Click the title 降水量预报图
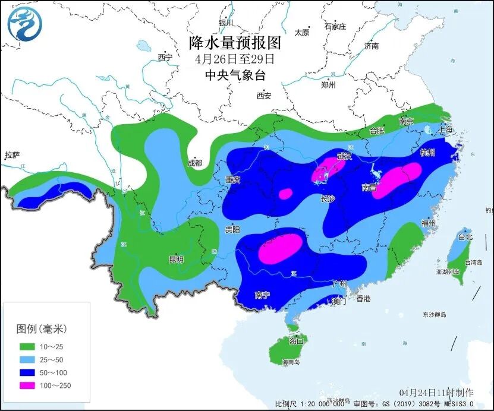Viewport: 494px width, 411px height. [x=235, y=43]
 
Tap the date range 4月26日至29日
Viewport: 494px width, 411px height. [x=235, y=59]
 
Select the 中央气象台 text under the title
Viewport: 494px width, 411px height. [x=235, y=75]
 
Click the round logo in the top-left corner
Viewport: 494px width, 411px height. [x=25, y=25]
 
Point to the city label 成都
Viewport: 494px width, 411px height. [x=194, y=163]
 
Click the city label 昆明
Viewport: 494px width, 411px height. [x=177, y=260]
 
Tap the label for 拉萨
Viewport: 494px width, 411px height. [x=12, y=156]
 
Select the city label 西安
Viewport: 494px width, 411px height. [x=264, y=96]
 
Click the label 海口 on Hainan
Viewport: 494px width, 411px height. [x=296, y=342]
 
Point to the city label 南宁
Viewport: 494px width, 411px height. [x=262, y=295]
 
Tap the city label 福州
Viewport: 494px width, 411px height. [x=428, y=223]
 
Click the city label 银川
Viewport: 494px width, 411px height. [x=226, y=23]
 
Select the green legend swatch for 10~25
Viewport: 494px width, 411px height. [x=27, y=346]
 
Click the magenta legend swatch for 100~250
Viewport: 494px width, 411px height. [x=27, y=385]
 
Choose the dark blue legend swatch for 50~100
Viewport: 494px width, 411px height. [x=27, y=372]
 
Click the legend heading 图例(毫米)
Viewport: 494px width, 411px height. [x=41, y=328]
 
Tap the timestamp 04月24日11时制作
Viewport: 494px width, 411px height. [x=436, y=393]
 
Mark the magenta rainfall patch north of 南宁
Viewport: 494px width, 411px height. [x=280, y=248]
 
